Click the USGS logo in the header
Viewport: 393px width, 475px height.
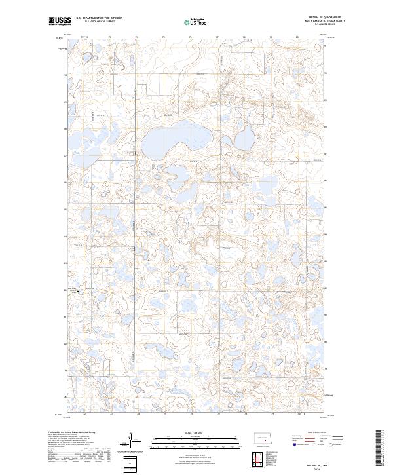[60, 21]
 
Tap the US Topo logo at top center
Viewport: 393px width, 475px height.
[191, 21]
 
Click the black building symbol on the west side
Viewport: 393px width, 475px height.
[79, 290]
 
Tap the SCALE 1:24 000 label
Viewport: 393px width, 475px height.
[195, 432]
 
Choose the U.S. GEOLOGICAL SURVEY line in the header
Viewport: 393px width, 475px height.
[99, 22]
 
